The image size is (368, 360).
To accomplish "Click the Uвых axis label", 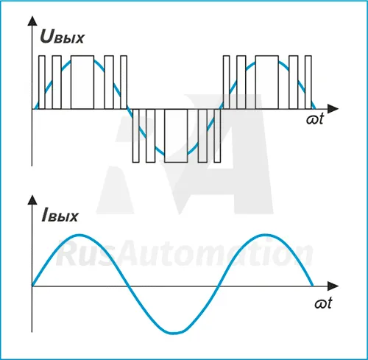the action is click(62, 37).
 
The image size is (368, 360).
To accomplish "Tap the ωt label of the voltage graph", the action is click(315, 119).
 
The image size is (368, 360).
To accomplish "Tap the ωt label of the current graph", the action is click(323, 303).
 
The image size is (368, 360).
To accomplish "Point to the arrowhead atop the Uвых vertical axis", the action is click(32, 21).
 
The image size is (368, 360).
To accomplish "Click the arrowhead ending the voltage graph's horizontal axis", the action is click(333, 109).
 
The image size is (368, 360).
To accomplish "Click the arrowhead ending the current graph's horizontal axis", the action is click(333, 286).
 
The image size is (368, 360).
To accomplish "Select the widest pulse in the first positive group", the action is click(82, 82).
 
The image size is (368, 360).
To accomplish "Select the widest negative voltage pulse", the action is click(176, 135).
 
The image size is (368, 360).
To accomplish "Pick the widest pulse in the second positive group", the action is click(267, 82).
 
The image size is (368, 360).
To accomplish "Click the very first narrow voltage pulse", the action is click(42, 82).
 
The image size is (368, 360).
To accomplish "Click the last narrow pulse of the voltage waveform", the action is click(308, 82).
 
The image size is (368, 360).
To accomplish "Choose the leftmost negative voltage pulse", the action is click(135, 135).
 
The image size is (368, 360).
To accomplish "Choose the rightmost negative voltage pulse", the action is click(217, 135).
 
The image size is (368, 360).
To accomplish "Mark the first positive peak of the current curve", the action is click(79, 236).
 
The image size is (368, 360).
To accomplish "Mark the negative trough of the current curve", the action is click(174, 333).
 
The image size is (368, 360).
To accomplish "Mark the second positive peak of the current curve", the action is click(266, 236).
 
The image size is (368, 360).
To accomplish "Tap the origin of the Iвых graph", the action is click(32, 286).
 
